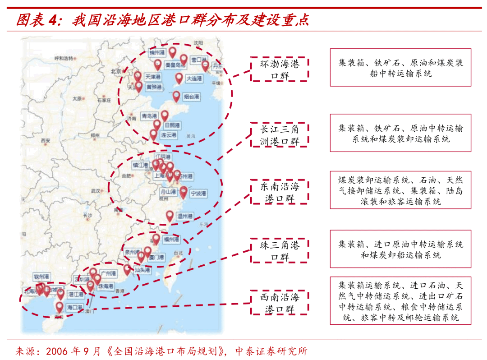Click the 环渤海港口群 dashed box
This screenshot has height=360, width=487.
tap(280, 69)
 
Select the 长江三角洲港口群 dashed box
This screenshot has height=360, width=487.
tap(280, 134)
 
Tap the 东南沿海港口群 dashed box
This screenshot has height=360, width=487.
tap(280, 192)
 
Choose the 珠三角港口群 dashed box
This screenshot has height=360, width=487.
tap(280, 251)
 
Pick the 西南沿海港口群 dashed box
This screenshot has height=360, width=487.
tap(280, 303)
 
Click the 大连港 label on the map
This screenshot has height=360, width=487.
tap(194, 78)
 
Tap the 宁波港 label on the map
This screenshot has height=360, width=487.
tap(198, 193)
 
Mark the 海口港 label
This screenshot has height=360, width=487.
tap(74, 307)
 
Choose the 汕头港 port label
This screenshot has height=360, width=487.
tap(142, 270)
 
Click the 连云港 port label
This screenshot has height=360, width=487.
tap(168, 135)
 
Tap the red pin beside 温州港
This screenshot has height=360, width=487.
tap(170, 216)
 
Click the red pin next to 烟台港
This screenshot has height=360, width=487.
tap(176, 96)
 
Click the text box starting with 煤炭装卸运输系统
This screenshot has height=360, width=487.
tap(400, 189)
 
